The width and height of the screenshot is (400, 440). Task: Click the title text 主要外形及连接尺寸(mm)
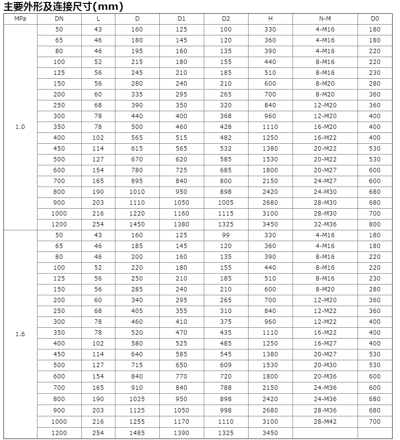(x=63, y=7)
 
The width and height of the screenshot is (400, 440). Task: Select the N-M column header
(x=325, y=19)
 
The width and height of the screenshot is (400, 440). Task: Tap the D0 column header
(x=375, y=19)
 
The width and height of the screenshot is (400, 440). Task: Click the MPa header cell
(x=20, y=19)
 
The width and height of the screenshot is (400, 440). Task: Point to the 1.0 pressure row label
(x=20, y=127)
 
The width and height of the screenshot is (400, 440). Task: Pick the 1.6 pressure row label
(x=20, y=334)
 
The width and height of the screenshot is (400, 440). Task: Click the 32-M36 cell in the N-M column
(x=325, y=224)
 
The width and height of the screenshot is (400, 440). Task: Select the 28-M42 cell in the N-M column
(x=325, y=422)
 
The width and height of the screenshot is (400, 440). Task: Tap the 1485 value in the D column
(x=137, y=433)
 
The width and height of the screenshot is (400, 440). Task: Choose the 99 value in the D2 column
(x=226, y=235)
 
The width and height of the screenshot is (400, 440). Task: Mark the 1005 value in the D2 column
(x=226, y=203)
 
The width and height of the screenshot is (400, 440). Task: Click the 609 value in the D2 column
(x=226, y=365)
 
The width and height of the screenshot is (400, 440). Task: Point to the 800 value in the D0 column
(x=375, y=224)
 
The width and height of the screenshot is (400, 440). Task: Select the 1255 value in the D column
(x=137, y=422)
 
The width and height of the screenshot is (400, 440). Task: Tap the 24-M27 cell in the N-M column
(x=325, y=181)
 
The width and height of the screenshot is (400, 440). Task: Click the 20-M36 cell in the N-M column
(x=325, y=377)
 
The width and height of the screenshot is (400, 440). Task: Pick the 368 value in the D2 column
(x=226, y=116)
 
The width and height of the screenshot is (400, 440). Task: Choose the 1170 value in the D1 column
(x=182, y=422)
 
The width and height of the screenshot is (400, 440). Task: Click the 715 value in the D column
(x=137, y=365)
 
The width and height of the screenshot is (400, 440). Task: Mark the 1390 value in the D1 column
(x=182, y=433)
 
